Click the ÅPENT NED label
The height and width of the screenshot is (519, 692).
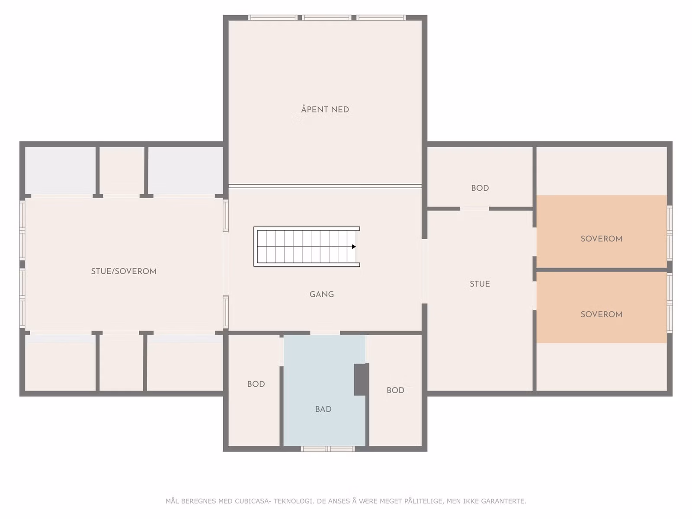(x=325, y=109)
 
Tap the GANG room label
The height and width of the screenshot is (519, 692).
(x=322, y=295)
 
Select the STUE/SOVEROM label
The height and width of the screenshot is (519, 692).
(x=124, y=271)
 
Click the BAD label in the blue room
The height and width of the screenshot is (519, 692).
(x=324, y=409)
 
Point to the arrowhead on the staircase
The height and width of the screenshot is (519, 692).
(x=354, y=247)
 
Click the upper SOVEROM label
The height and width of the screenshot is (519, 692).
(x=602, y=239)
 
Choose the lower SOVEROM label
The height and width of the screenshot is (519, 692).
(x=602, y=314)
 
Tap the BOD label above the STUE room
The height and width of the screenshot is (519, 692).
(x=480, y=188)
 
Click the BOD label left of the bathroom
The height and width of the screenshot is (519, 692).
(x=256, y=384)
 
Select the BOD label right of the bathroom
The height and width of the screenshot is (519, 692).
(x=395, y=391)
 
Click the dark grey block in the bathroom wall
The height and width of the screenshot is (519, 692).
(x=361, y=379)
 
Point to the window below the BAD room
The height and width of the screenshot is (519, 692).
(x=328, y=449)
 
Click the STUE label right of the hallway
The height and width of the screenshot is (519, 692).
(x=480, y=284)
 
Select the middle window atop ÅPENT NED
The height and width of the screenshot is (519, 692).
(x=326, y=18)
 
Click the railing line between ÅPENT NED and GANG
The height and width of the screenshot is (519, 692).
(x=325, y=186)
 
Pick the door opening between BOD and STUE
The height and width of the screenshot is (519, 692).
(x=474, y=208)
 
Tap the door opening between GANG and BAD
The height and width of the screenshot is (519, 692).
(x=325, y=333)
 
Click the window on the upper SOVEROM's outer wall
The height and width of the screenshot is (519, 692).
(x=670, y=233)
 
